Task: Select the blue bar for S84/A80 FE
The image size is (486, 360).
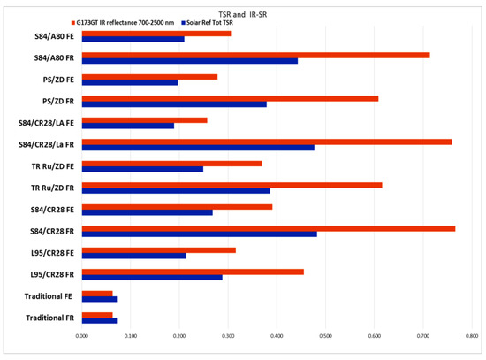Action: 133,39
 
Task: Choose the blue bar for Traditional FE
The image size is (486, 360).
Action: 99,299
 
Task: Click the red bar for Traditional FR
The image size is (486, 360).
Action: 96,314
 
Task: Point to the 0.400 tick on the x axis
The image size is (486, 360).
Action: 277,336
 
